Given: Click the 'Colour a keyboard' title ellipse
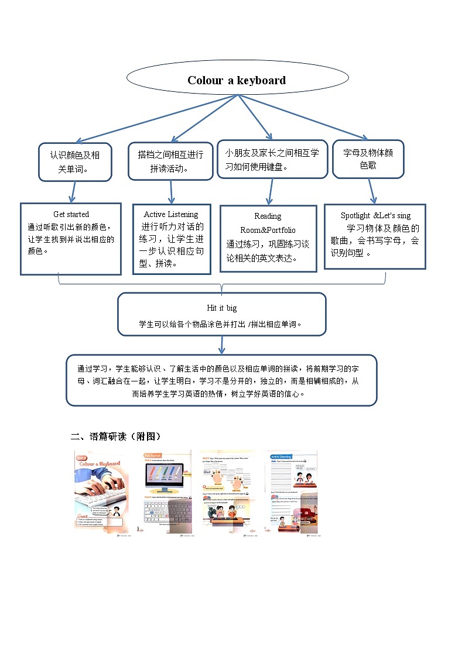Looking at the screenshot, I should [x=237, y=80].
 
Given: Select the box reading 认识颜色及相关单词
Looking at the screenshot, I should [x=74, y=162].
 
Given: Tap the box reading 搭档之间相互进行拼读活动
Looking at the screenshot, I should [x=170, y=161].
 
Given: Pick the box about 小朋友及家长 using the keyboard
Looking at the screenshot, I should [x=272, y=159].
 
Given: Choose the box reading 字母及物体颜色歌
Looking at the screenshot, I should [x=368, y=159].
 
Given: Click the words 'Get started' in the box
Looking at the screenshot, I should [x=71, y=215].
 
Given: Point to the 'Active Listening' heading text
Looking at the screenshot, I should [x=171, y=215].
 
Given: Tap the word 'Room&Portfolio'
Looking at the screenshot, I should [x=268, y=230].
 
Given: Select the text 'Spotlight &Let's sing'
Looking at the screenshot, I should [x=375, y=216].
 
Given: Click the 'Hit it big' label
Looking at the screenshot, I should [x=221, y=308].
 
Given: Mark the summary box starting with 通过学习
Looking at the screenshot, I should [x=221, y=380].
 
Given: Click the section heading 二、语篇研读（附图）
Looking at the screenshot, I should [x=115, y=436].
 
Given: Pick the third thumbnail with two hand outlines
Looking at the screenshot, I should [x=228, y=492].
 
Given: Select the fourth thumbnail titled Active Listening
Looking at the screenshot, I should [x=291, y=492].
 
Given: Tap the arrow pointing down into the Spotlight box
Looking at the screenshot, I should [x=371, y=191].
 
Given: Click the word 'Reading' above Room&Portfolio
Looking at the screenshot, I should [x=268, y=216].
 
